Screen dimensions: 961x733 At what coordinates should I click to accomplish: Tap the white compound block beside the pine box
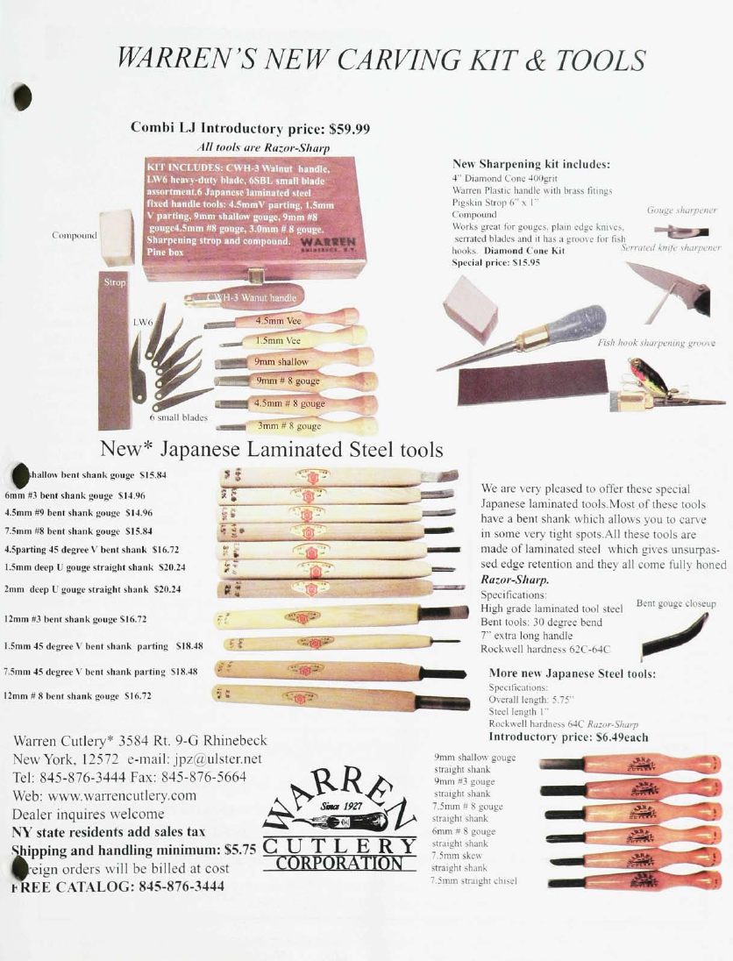pyautogui.click(x=117, y=237)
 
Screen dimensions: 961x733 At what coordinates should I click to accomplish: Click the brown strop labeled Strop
pyautogui.click(x=114, y=351)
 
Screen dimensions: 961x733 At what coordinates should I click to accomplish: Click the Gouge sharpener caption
pyautogui.click(x=682, y=210)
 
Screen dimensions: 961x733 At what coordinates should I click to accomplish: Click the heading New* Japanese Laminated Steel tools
pyautogui.click(x=272, y=450)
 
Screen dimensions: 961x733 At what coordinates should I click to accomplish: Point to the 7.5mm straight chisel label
pyautogui.click(x=473, y=880)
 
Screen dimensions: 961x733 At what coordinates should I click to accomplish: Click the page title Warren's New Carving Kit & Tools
pyautogui.click(x=381, y=60)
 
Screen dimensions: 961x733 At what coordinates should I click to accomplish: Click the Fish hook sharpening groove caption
pyautogui.click(x=656, y=343)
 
